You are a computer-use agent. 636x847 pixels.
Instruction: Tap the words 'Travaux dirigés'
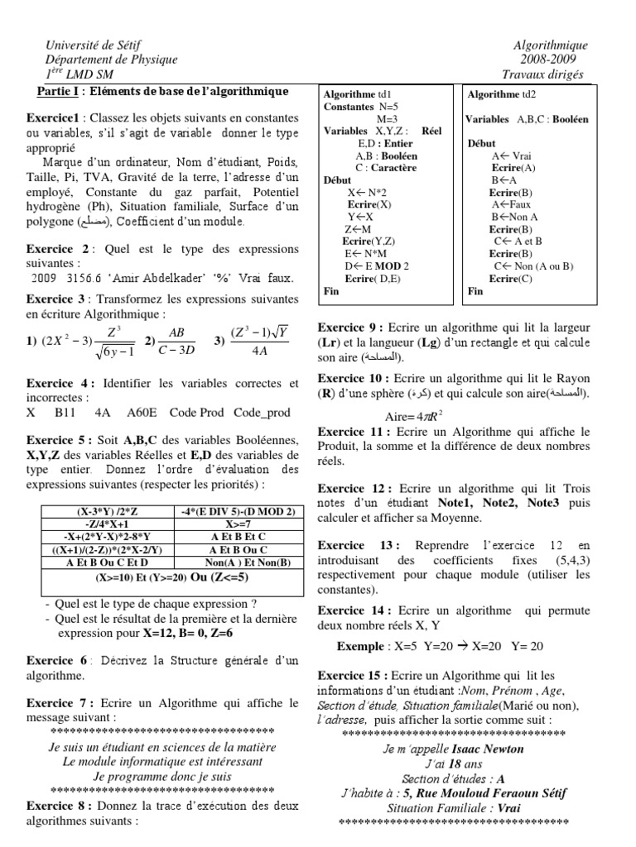547,74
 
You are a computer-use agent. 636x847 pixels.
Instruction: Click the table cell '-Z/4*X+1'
99,524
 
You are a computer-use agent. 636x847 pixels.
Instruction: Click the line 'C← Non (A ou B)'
533,266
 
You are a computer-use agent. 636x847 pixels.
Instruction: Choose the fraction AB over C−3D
176,339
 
